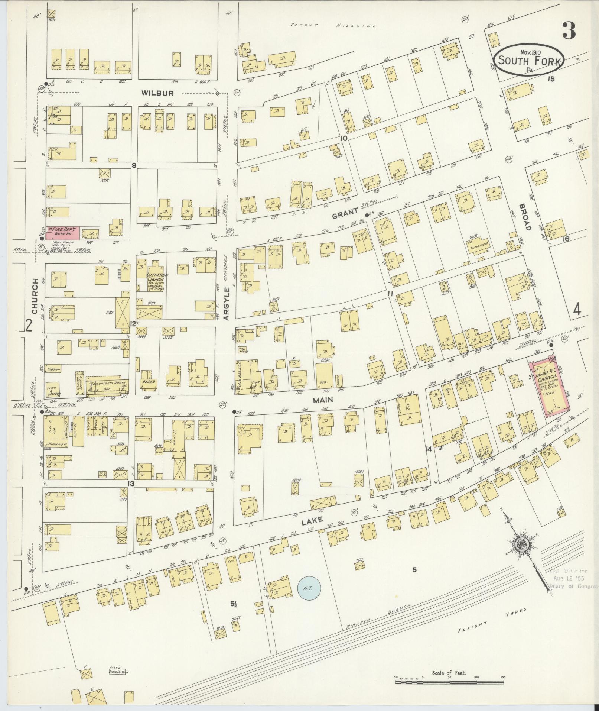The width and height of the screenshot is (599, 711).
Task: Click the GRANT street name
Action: point(345,212)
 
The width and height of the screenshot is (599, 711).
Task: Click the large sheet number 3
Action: point(569,31)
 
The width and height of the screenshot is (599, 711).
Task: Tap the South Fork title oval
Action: point(529,59)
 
